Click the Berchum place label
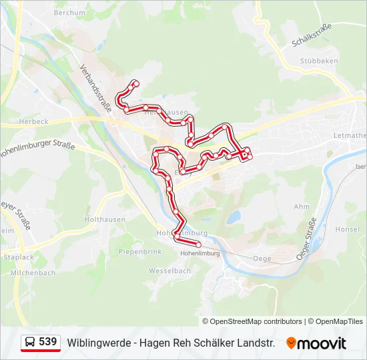[69, 13]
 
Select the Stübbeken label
[318, 61]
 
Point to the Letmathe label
[350, 136]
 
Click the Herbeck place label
[33, 121]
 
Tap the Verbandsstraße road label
[95, 89]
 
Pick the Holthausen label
[101, 219]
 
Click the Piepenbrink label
[140, 252]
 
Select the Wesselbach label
[169, 271]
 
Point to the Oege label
[262, 258]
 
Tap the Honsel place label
[346, 229]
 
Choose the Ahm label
[301, 207]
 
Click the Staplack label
[19, 257]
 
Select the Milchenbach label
[33, 273]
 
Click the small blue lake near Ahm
[233, 217]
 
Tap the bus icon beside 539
[30, 343]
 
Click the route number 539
[47, 342]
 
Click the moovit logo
[316, 343]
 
